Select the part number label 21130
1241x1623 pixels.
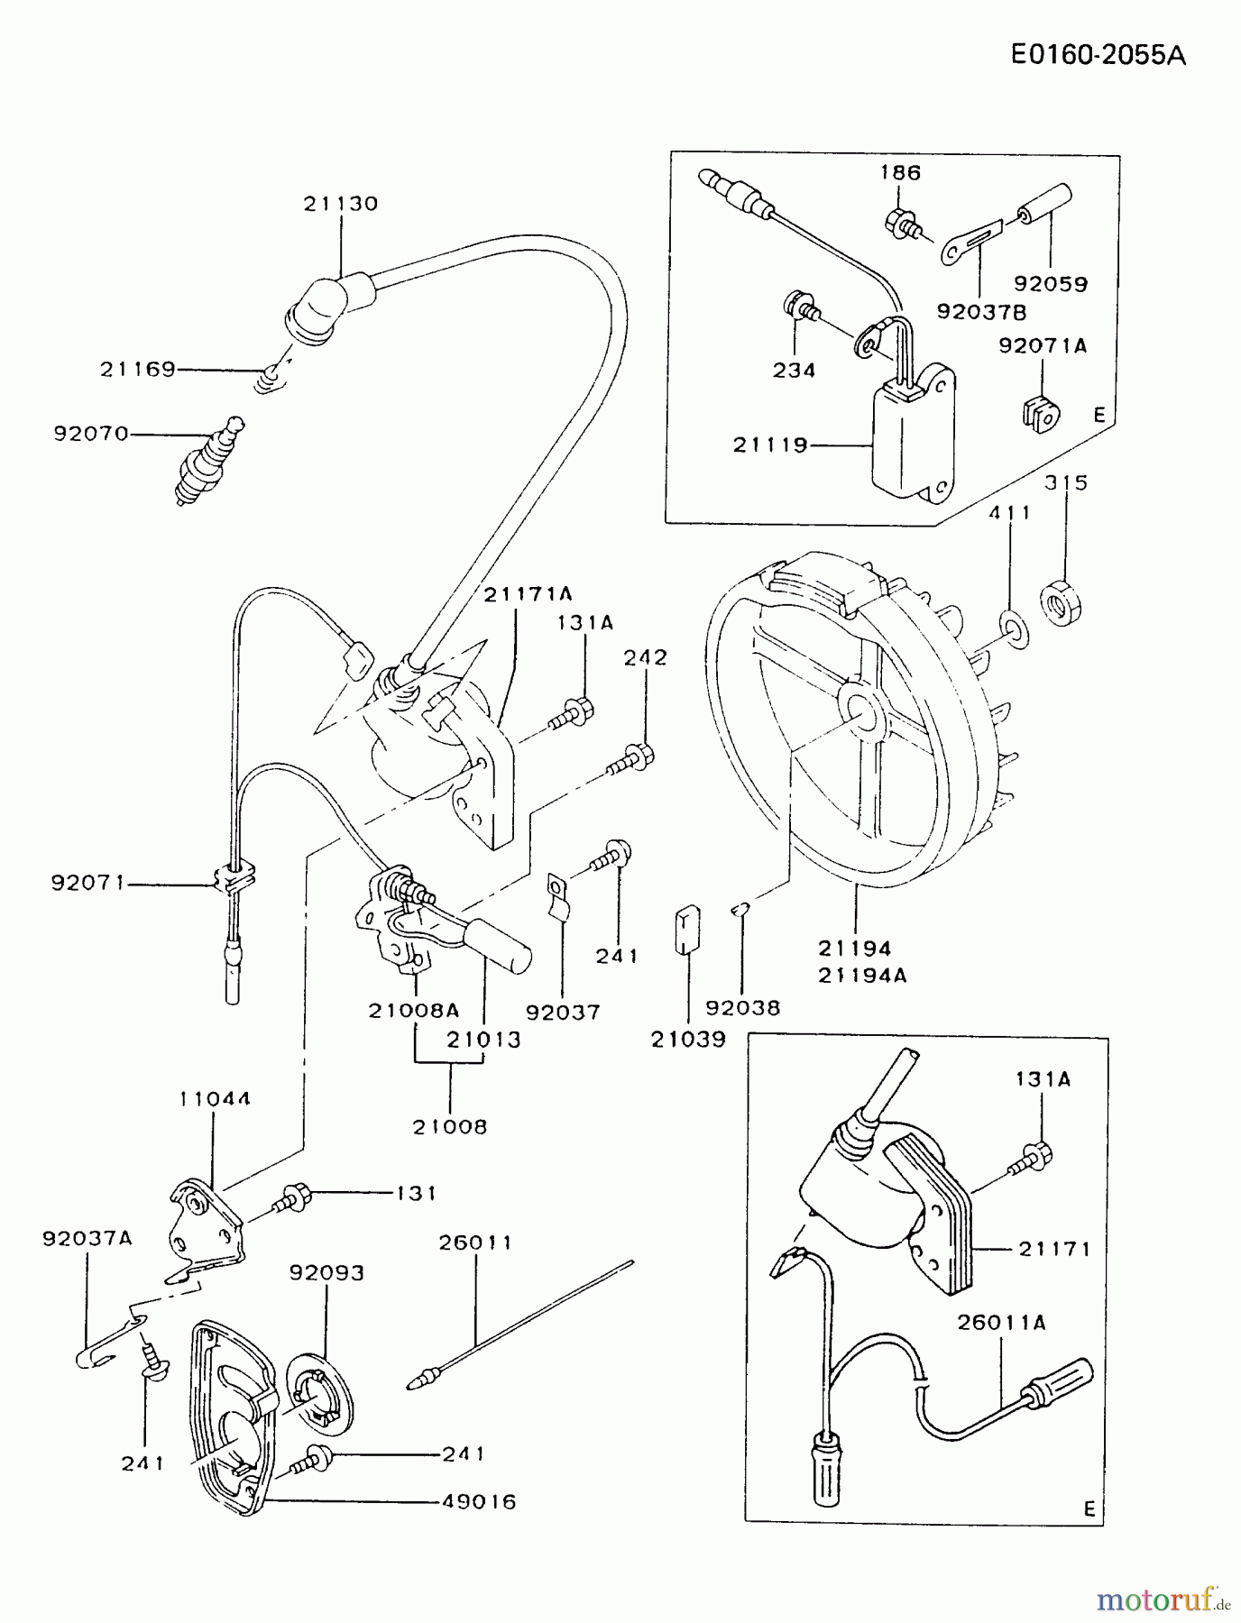[x=340, y=204]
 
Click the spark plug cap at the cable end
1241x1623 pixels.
[x=330, y=303]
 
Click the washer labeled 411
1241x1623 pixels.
[x=1014, y=629]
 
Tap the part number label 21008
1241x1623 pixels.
[x=450, y=1127]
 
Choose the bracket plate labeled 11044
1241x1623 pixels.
[x=207, y=1224]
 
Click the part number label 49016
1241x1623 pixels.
[x=479, y=1502]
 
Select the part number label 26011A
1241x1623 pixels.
[x=1001, y=1323]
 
